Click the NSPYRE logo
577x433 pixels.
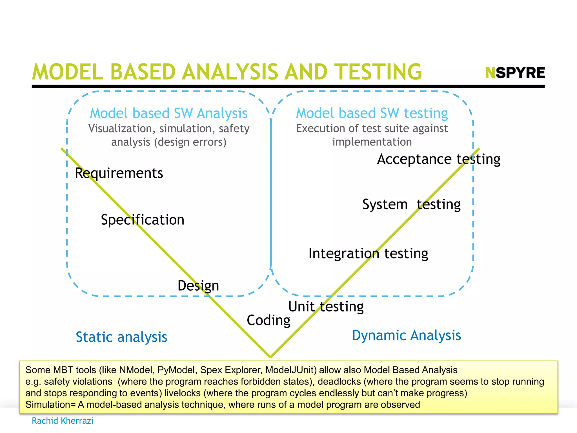click(515, 73)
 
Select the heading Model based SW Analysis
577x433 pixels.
click(168, 113)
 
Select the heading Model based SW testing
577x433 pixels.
click(372, 113)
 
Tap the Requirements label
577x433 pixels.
click(119, 173)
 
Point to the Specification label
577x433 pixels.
click(143, 220)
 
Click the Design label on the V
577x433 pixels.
click(198, 286)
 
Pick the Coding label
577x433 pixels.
click(268, 320)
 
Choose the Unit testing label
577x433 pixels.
click(326, 306)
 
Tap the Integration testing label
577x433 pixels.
click(368, 253)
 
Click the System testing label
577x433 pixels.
click(411, 204)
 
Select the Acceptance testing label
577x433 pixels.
click(439, 159)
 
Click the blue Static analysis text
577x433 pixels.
click(121, 337)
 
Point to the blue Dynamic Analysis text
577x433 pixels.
click(407, 335)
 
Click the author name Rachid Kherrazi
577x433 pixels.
click(63, 421)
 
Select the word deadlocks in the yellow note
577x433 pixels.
click(339, 382)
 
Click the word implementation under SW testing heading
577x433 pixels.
click(372, 142)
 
